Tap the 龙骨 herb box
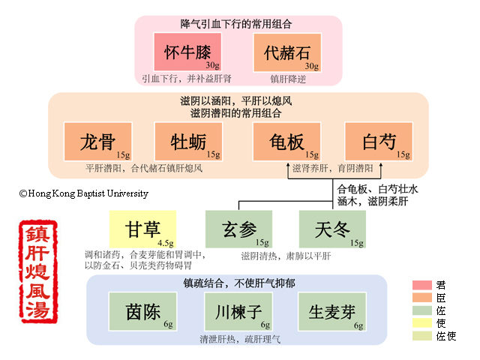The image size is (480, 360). pos(97,142)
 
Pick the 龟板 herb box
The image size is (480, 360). pos(288,142)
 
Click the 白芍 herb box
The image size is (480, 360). pos(379,142)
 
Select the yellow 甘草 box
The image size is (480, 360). pos(142,229)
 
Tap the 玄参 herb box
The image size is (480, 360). pos(238,229)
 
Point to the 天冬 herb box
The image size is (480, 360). pos(332,229)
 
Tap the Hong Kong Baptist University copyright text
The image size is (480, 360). pos(84,193)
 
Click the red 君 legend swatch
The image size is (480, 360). pos(421,285)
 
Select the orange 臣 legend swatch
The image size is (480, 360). pos(421,298)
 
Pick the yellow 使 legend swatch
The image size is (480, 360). pos(421,323)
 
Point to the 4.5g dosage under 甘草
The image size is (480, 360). pos(166,242)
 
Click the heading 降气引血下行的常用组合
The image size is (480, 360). pos(238,24)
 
